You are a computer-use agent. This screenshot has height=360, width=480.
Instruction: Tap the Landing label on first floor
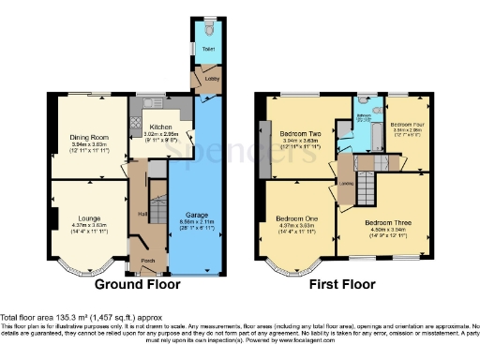tap(346, 184)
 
